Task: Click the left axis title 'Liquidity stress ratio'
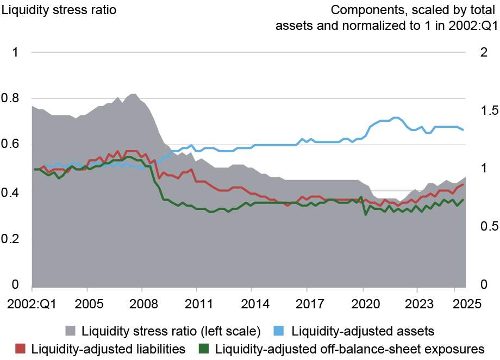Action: tap(59, 9)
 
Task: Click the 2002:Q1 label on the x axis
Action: tap(32, 304)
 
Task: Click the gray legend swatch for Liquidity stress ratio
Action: tap(71, 331)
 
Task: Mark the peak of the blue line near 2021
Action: tap(395, 117)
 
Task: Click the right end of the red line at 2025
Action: tap(463, 184)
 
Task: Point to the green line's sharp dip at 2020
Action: tap(365, 214)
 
